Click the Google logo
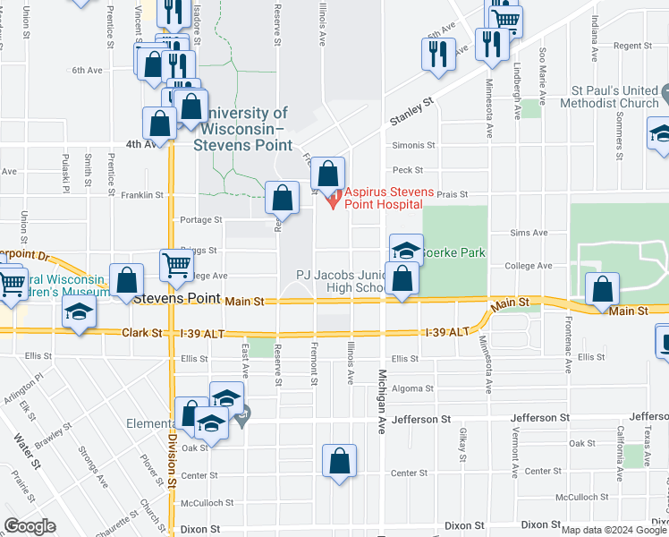pyautogui.click(x=30, y=526)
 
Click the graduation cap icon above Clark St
pyautogui.click(x=79, y=312)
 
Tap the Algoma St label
pyautogui.click(x=412, y=388)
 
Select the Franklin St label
pyautogui.click(x=142, y=194)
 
